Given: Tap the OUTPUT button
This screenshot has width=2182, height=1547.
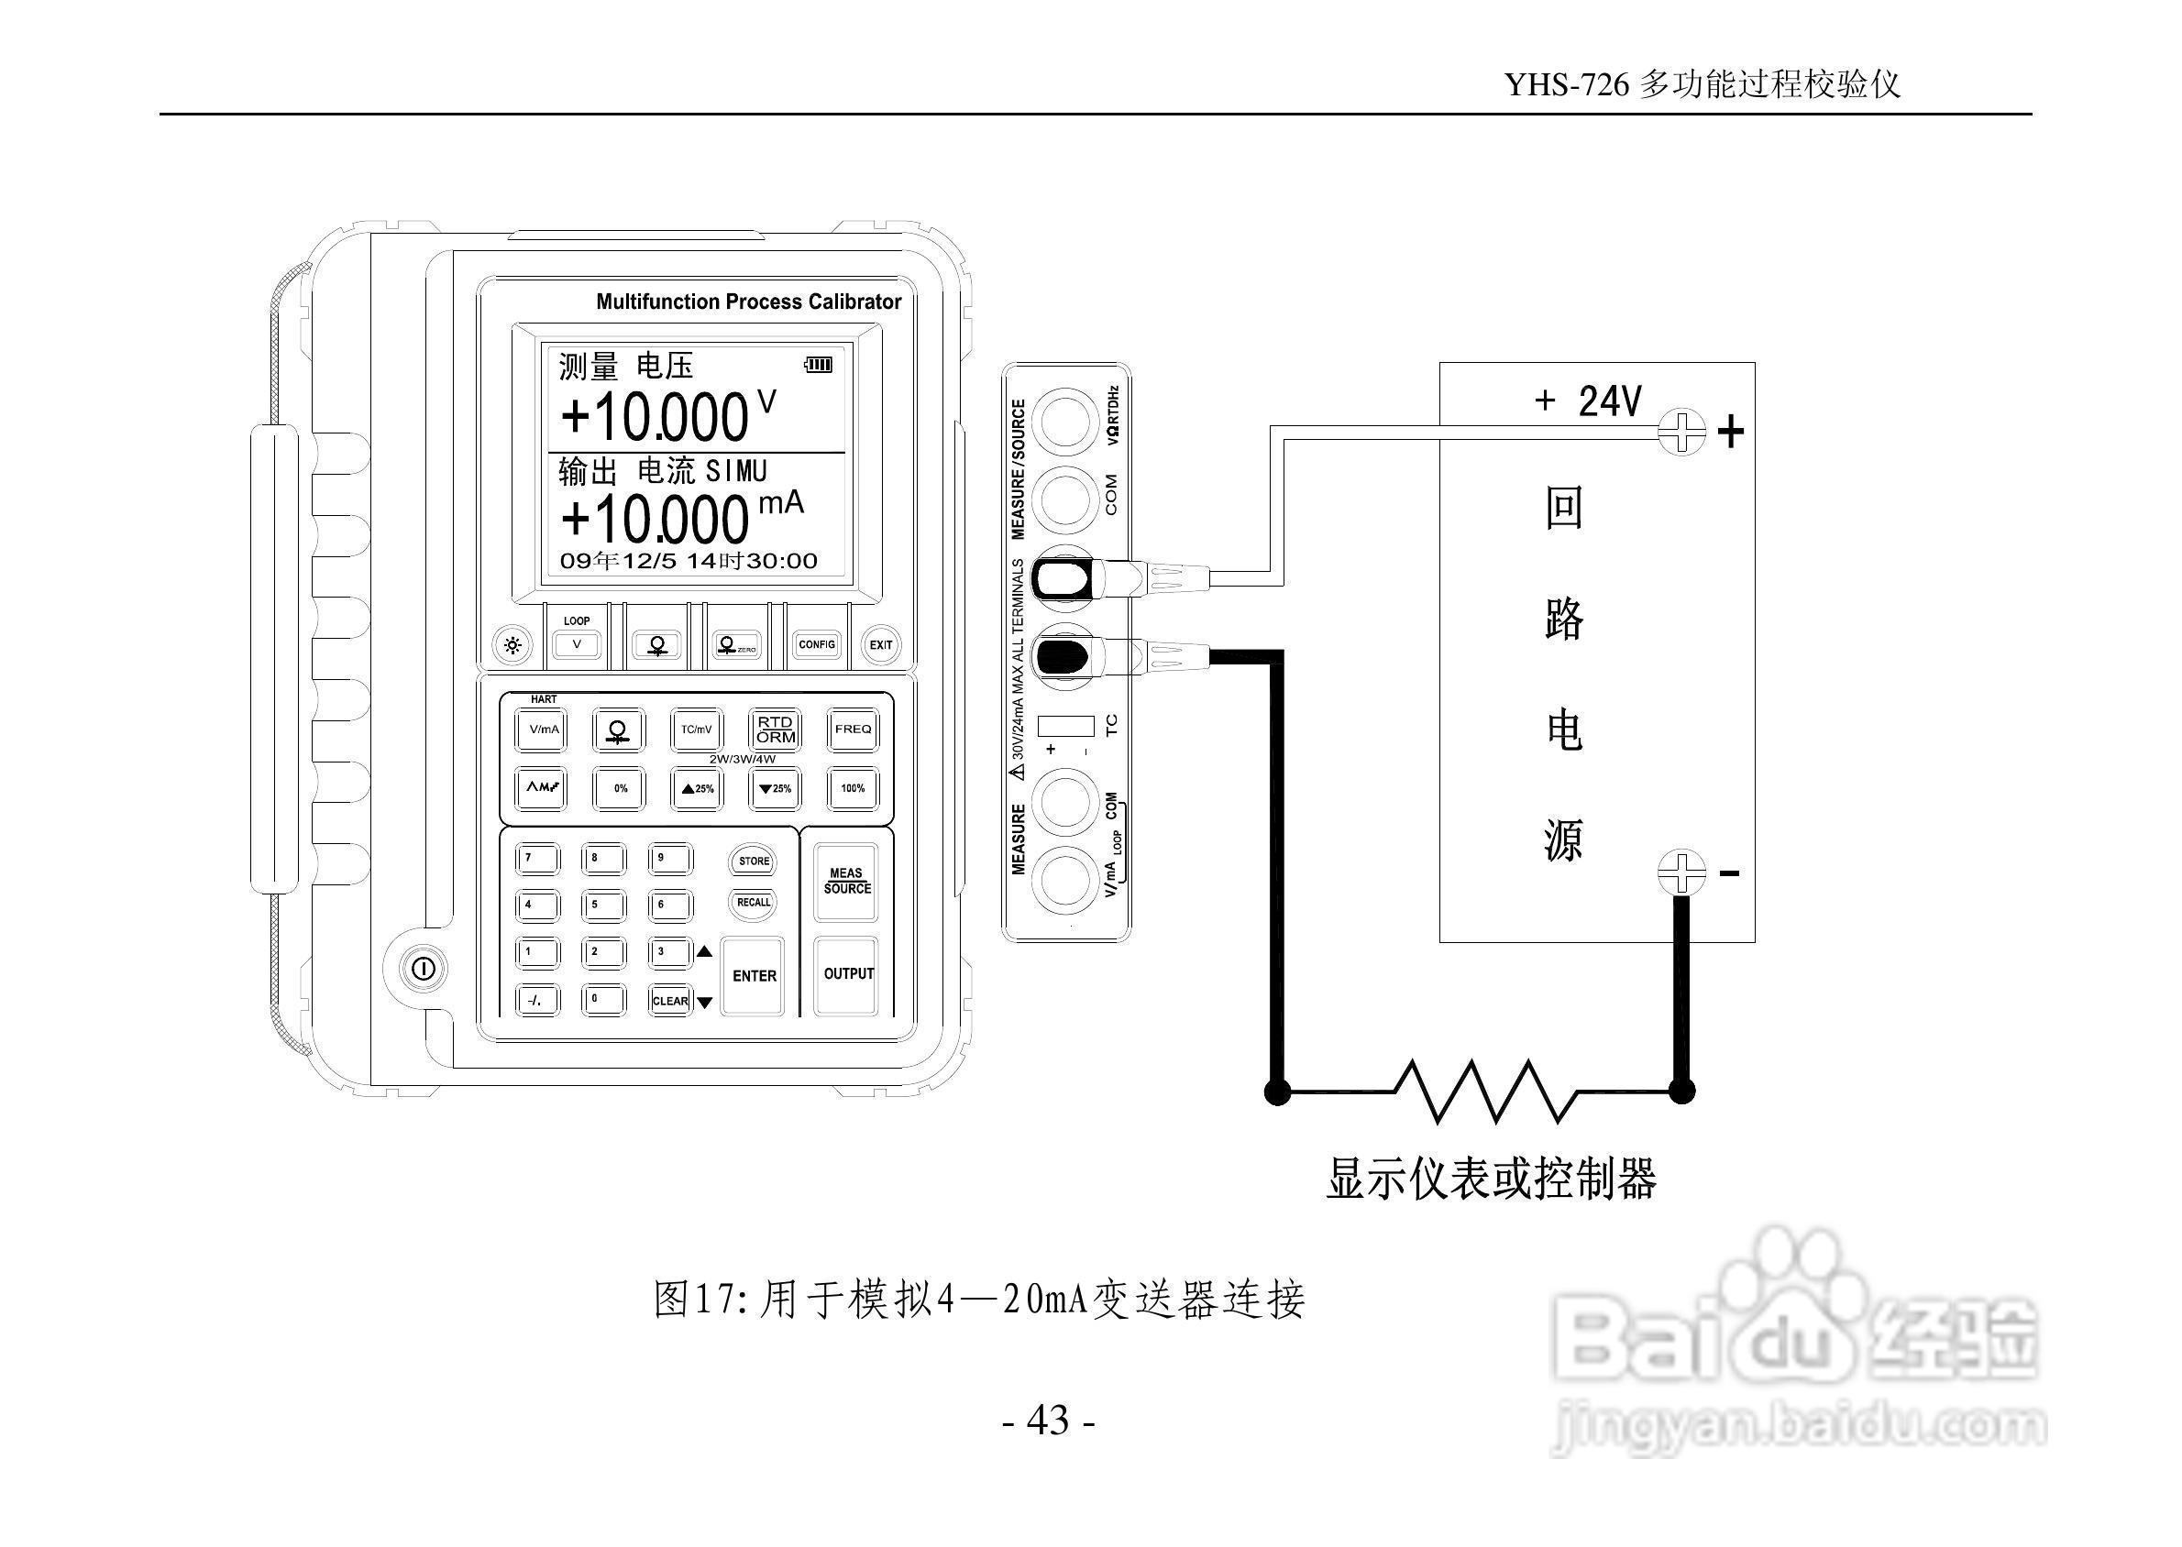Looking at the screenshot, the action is click(x=847, y=974).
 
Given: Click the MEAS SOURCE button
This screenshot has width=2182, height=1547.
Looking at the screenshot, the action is click(x=846, y=881).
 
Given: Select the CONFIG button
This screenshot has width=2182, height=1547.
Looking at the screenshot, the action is click(x=817, y=645).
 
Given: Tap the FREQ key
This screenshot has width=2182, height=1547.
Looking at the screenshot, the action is click(x=853, y=730).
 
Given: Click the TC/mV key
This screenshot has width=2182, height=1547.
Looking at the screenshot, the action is click(x=697, y=730).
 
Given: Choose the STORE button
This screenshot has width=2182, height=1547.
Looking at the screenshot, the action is click(x=754, y=861).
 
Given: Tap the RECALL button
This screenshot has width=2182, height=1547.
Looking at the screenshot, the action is click(x=754, y=902).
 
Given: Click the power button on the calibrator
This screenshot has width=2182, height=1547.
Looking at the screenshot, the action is click(x=423, y=970).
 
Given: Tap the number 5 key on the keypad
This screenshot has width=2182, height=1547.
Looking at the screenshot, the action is click(x=603, y=905).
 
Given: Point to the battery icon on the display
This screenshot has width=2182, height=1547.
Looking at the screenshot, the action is click(x=819, y=364).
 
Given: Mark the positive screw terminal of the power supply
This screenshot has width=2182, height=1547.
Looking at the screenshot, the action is click(x=1681, y=432).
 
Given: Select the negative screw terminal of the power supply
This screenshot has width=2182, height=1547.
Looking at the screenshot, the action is click(x=1681, y=872).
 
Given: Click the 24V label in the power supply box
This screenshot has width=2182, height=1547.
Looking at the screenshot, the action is click(x=1610, y=401).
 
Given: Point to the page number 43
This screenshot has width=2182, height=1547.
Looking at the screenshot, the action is click(x=1048, y=1421).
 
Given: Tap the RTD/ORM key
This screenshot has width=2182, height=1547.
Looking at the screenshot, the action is click(x=776, y=730).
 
